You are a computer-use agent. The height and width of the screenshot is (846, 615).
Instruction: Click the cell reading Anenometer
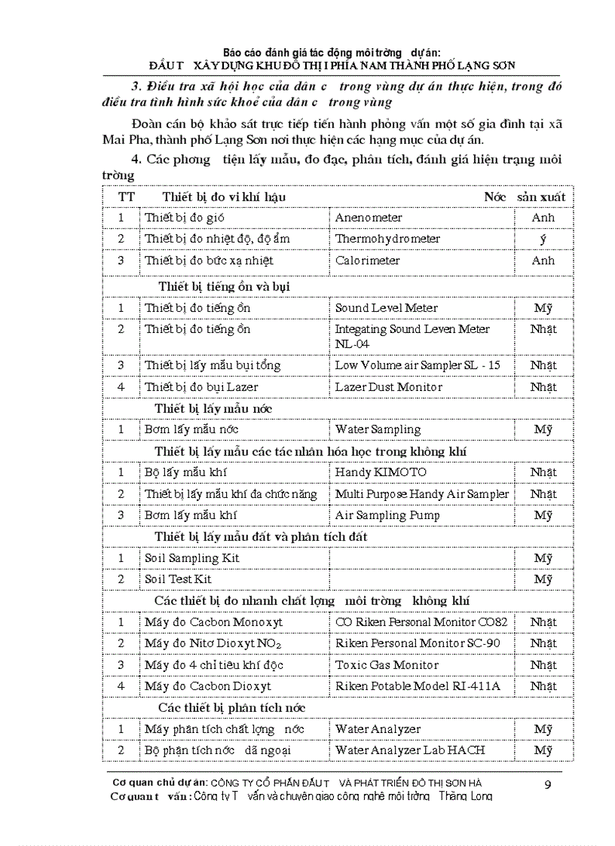[x=369, y=218]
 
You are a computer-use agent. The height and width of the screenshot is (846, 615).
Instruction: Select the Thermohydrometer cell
[x=387, y=239]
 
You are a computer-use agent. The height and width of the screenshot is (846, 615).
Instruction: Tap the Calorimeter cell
[x=367, y=261]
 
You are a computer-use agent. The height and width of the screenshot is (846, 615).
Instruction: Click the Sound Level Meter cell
[x=386, y=308]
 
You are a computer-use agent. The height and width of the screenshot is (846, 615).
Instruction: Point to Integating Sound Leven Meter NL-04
[x=412, y=336]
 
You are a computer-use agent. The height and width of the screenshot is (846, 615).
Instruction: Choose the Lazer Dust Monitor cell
[x=388, y=387]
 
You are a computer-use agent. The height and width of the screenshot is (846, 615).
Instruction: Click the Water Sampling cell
[x=378, y=429]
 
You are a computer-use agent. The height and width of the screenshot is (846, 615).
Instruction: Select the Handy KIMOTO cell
[x=381, y=472]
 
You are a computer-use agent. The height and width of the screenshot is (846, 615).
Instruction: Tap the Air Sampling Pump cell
[x=387, y=515]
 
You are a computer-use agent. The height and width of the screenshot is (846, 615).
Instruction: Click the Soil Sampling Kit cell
[x=192, y=558]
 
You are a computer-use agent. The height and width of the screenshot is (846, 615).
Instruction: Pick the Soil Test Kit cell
[x=178, y=579]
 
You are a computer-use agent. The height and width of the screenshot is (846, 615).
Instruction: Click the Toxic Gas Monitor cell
[x=386, y=665]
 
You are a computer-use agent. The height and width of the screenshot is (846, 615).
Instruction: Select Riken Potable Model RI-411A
[x=418, y=686]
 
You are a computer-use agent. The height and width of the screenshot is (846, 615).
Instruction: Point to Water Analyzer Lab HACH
[x=410, y=750]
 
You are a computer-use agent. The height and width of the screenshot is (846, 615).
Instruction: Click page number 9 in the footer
[x=548, y=786]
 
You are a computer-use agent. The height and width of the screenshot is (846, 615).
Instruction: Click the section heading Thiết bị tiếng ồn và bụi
[x=224, y=286]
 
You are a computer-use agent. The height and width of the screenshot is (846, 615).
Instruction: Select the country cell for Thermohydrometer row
[x=543, y=239]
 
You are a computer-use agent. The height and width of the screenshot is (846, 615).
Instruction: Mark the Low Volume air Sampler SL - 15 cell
[x=418, y=365]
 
